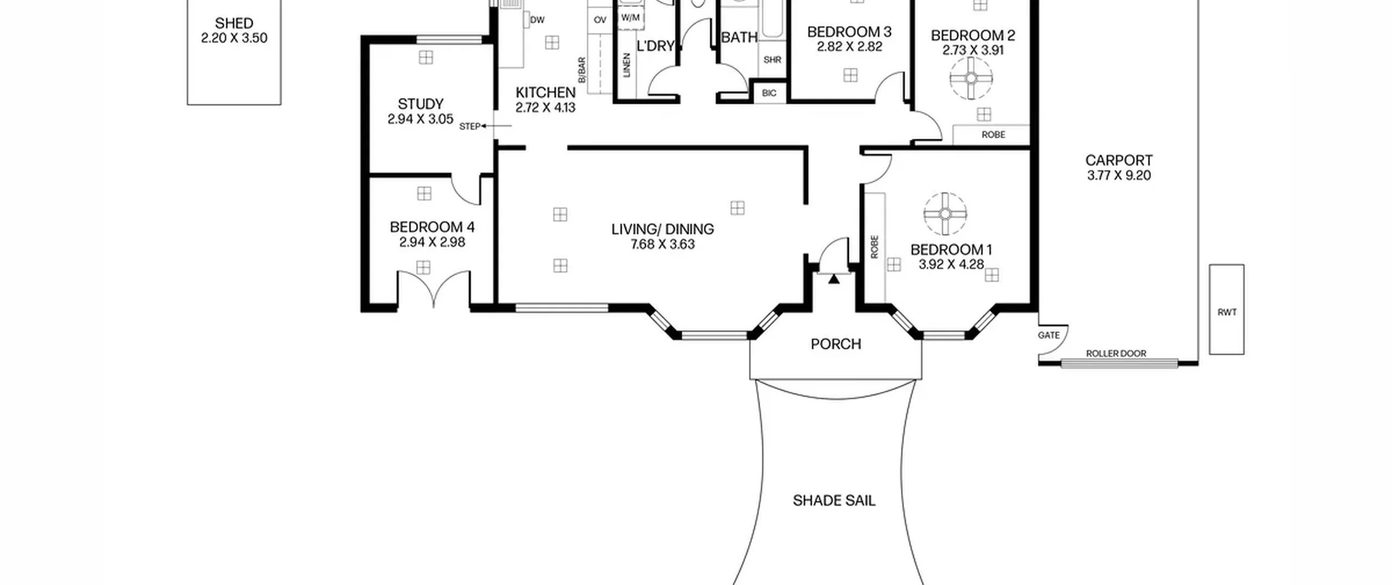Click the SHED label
[234, 23]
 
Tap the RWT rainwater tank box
[1227, 310]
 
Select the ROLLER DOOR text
[1116, 353]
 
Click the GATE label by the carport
[1048, 335]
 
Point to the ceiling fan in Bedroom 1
[945, 214]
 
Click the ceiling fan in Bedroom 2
[971, 78]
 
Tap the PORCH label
[836, 344]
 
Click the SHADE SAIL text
[834, 501]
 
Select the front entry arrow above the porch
[834, 279]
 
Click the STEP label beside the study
[470, 126]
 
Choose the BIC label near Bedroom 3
[769, 93]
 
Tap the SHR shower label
[772, 60]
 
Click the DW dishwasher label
[537, 20]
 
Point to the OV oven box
[600, 20]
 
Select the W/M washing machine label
[630, 17]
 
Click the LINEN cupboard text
[626, 65]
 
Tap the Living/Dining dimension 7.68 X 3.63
[663, 244]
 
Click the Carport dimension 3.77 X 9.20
[1119, 175]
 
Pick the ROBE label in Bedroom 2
[993, 134]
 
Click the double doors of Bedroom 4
[433, 288]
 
